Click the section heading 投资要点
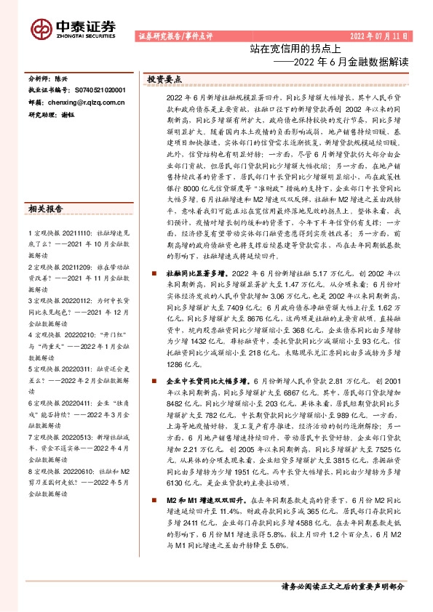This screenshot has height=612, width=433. click(x=164, y=78)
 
